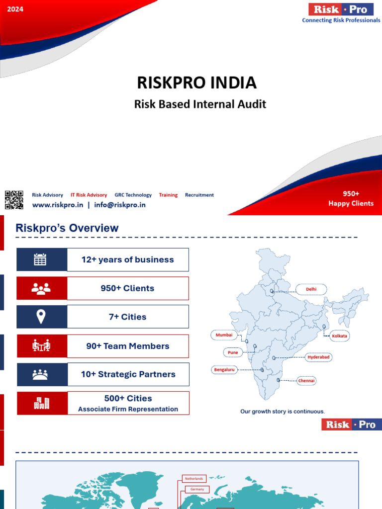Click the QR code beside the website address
[x=14, y=200]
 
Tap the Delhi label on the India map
[x=311, y=289]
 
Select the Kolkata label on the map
[x=340, y=336]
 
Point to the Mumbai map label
[x=224, y=335]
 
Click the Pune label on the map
[x=233, y=352]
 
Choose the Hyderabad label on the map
[x=319, y=357]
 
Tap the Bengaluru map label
[x=224, y=370]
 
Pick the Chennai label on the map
[x=306, y=381]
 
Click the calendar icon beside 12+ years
[x=40, y=259]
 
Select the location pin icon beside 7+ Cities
[x=40, y=317]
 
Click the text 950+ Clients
[x=127, y=288]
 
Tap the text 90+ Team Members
[x=127, y=346]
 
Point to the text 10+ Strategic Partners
[x=128, y=374]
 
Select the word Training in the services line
[x=168, y=195]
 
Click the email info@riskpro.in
[x=119, y=205]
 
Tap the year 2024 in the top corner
[x=15, y=9]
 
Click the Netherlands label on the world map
[x=194, y=479]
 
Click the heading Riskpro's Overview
[x=67, y=228]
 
